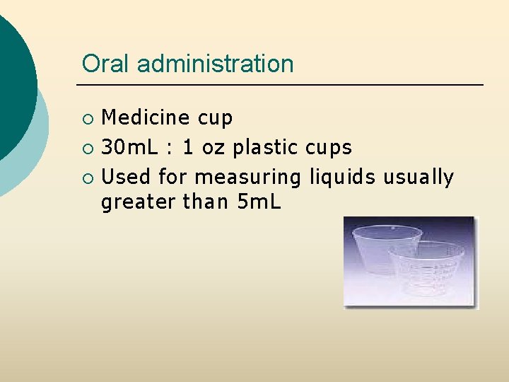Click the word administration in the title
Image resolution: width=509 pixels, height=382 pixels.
point(215,64)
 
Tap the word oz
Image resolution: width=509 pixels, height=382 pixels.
point(213,148)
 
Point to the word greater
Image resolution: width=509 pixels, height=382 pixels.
point(138,203)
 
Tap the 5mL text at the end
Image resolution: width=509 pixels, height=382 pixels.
point(259,202)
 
